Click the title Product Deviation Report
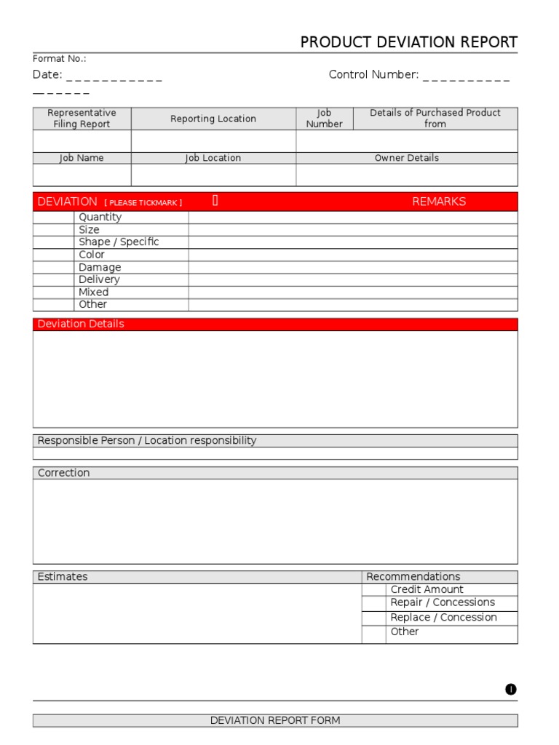[409, 42]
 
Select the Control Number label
[373, 75]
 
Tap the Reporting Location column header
[213, 119]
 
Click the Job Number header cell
[324, 119]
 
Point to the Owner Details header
[407, 158]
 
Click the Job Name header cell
[82, 158]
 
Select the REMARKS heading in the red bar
[439, 202]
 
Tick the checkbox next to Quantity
[53, 218]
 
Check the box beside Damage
[53, 268]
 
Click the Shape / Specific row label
[119, 242]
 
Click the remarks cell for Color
[353, 255]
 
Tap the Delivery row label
[99, 280]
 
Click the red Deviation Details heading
[81, 324]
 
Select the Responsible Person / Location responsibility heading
[147, 441]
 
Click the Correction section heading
[64, 473]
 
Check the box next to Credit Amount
[373, 590]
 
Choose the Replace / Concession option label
[443, 618]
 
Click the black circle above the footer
[511, 690]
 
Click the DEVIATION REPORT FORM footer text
[275, 721]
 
